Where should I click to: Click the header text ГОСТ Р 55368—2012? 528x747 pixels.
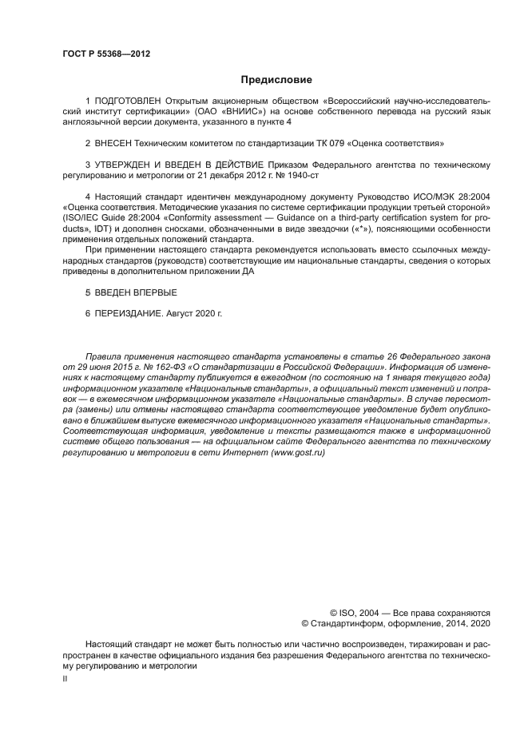[x=106, y=54]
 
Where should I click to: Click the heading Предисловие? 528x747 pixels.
[x=276, y=80]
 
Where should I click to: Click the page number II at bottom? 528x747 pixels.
[x=65, y=677]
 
